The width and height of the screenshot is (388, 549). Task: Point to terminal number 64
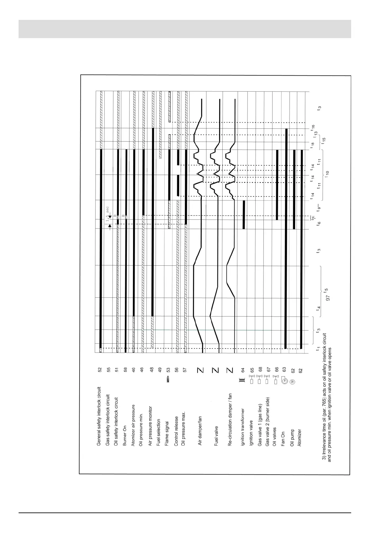pyautogui.click(x=243, y=370)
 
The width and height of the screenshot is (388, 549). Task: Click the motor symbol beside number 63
pyautogui.click(x=284, y=380)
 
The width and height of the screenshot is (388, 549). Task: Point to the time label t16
pyautogui.click(x=313, y=127)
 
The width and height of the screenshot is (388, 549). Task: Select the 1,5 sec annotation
pyautogui.click(x=108, y=214)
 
